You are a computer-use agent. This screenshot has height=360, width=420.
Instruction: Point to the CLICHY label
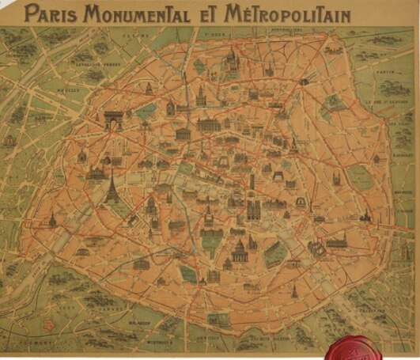click(143, 36)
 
